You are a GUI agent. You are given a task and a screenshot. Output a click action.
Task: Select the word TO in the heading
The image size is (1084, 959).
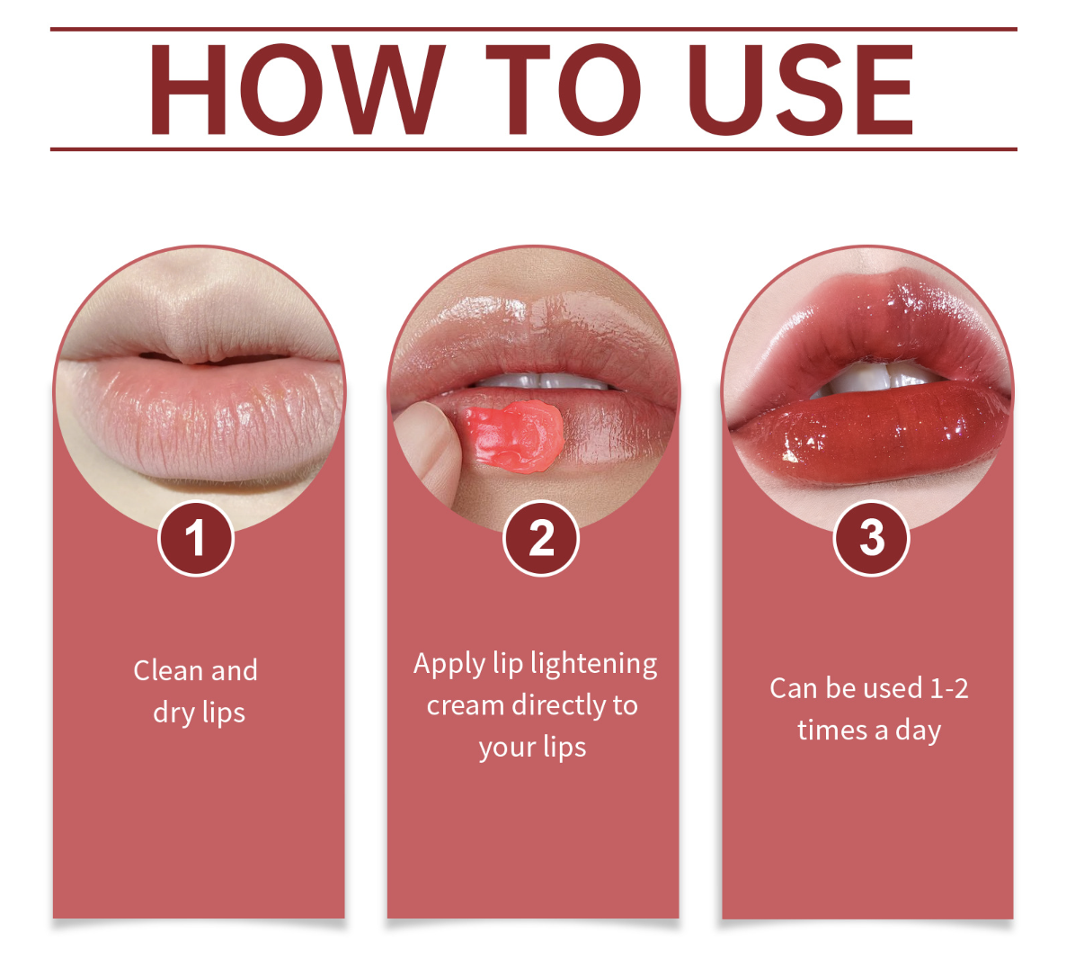(563, 90)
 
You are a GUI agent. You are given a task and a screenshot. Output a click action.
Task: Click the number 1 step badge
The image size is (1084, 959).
(196, 539)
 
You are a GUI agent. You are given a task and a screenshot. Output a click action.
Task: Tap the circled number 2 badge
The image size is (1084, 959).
(541, 539)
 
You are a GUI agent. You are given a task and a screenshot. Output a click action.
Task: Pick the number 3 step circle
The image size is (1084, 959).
(871, 539)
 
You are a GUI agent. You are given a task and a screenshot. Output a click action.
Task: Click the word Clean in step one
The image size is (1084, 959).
(167, 670)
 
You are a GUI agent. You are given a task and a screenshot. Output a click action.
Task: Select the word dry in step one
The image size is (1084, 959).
(173, 713)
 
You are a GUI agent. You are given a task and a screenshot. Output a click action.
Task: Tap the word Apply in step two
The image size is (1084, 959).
(449, 665)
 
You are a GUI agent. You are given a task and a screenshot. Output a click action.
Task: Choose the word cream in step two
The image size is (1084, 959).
(465, 705)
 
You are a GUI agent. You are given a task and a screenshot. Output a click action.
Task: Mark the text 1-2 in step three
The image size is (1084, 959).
(948, 689)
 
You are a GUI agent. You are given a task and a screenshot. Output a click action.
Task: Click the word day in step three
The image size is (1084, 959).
(918, 730)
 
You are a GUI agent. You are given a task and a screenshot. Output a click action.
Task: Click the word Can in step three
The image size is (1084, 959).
(793, 689)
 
